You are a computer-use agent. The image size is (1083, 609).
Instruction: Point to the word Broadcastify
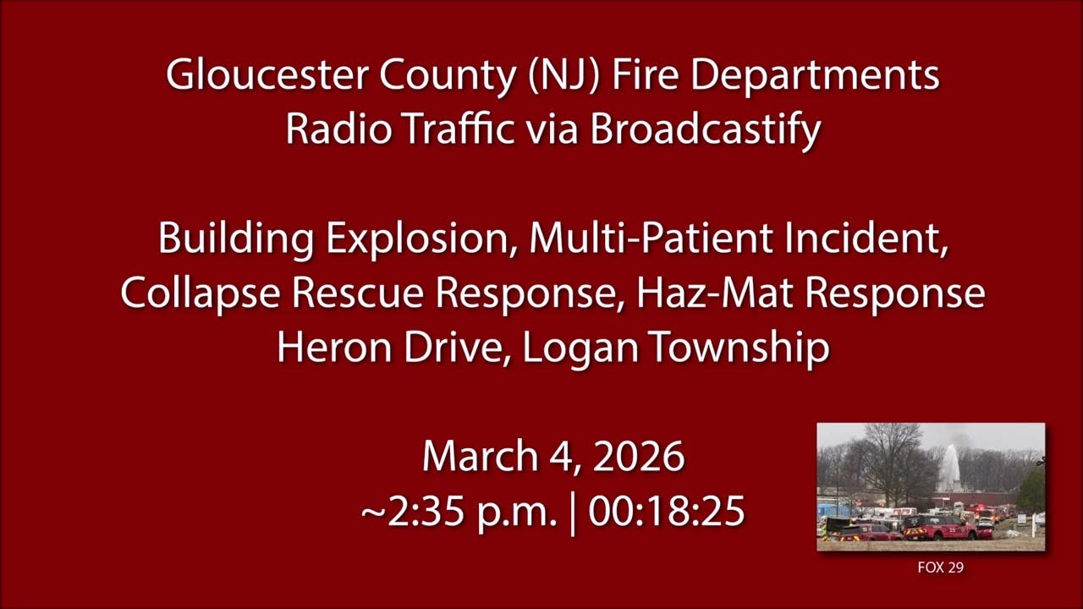(706, 129)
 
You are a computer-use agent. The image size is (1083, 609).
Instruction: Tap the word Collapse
(200, 294)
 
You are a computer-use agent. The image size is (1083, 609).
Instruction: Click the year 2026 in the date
(638, 458)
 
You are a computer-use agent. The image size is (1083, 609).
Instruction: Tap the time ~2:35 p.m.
(459, 512)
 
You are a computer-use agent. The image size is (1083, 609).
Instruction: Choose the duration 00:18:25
(667, 512)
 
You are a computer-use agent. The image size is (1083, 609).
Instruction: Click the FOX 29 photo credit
(940, 568)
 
